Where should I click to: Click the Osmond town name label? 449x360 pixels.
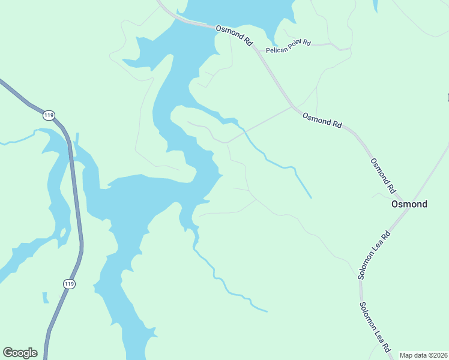click(409, 204)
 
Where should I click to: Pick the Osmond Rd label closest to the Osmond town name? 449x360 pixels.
click(384, 175)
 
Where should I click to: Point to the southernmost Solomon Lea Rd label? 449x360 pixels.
click(375, 327)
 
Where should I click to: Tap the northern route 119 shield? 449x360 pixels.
click(49, 115)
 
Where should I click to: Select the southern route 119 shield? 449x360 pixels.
click(70, 283)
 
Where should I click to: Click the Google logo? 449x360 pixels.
click(20, 353)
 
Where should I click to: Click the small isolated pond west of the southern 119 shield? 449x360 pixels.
click(45, 298)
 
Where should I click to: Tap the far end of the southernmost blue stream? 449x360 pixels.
click(267, 311)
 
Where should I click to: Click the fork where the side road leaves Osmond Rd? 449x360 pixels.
click(292, 107)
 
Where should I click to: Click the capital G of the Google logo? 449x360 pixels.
click(8, 353)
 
